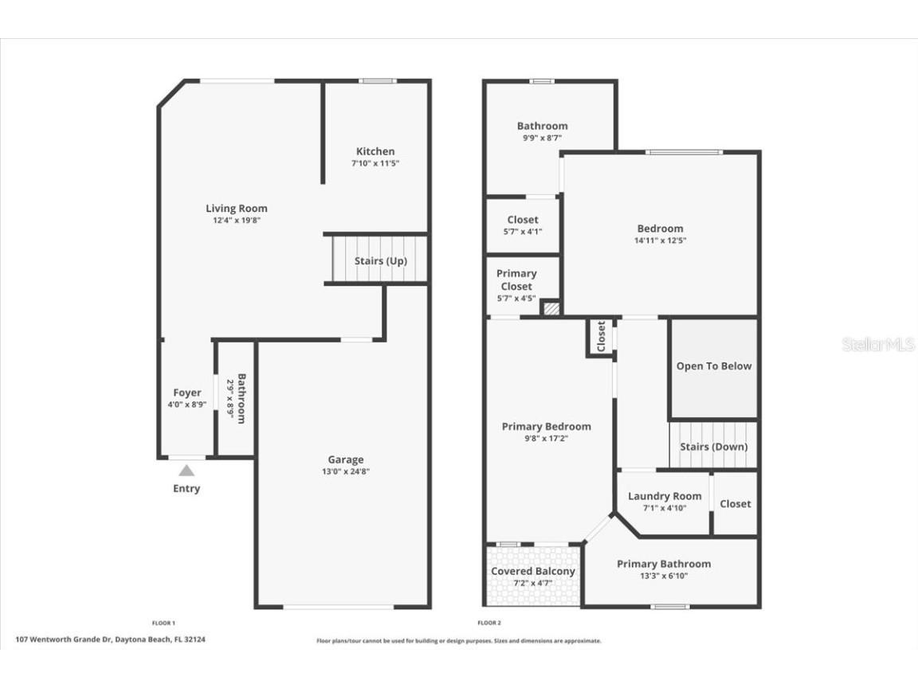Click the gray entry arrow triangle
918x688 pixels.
pos(186,471)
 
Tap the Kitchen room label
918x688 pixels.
pos(375,151)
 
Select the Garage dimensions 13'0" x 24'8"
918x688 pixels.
pos(345,471)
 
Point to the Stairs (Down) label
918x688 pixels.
pos(713,447)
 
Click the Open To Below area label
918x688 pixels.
pos(713,366)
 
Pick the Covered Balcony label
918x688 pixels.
pos(532,571)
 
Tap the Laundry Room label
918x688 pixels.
pos(665,496)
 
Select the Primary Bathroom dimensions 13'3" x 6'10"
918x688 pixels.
pos(663,576)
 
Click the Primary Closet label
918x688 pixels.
pos(516,279)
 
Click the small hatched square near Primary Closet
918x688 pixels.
pos(551,307)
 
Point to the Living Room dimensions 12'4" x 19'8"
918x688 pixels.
pos(236,221)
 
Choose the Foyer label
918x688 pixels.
pos(187,393)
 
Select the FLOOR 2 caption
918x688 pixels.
pos(488,623)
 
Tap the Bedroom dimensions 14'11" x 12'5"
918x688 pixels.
pos(660,240)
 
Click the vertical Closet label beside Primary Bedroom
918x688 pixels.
pos(601,336)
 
